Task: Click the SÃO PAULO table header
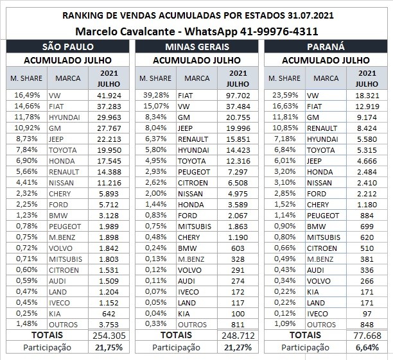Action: point(68,47)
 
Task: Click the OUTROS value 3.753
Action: point(111,324)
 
